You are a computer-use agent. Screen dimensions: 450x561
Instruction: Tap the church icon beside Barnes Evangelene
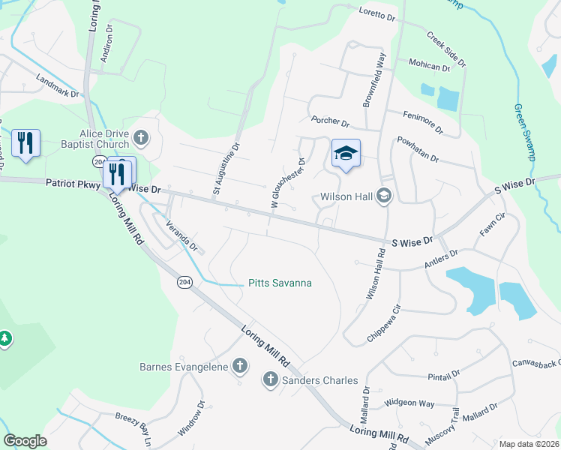(x=239, y=367)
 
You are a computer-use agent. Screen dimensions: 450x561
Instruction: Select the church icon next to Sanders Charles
(x=270, y=380)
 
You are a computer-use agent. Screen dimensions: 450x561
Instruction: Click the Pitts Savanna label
(x=280, y=283)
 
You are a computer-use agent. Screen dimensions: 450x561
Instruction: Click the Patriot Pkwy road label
(x=72, y=183)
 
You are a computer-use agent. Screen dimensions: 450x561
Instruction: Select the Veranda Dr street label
(x=181, y=235)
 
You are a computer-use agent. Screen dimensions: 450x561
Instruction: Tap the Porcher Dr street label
(x=330, y=121)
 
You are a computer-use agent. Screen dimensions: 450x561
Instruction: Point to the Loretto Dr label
(x=376, y=13)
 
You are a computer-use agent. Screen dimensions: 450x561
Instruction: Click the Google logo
(x=25, y=441)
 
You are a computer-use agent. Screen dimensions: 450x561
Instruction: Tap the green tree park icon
(x=5, y=340)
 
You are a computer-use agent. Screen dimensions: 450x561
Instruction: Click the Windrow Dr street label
(x=190, y=420)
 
